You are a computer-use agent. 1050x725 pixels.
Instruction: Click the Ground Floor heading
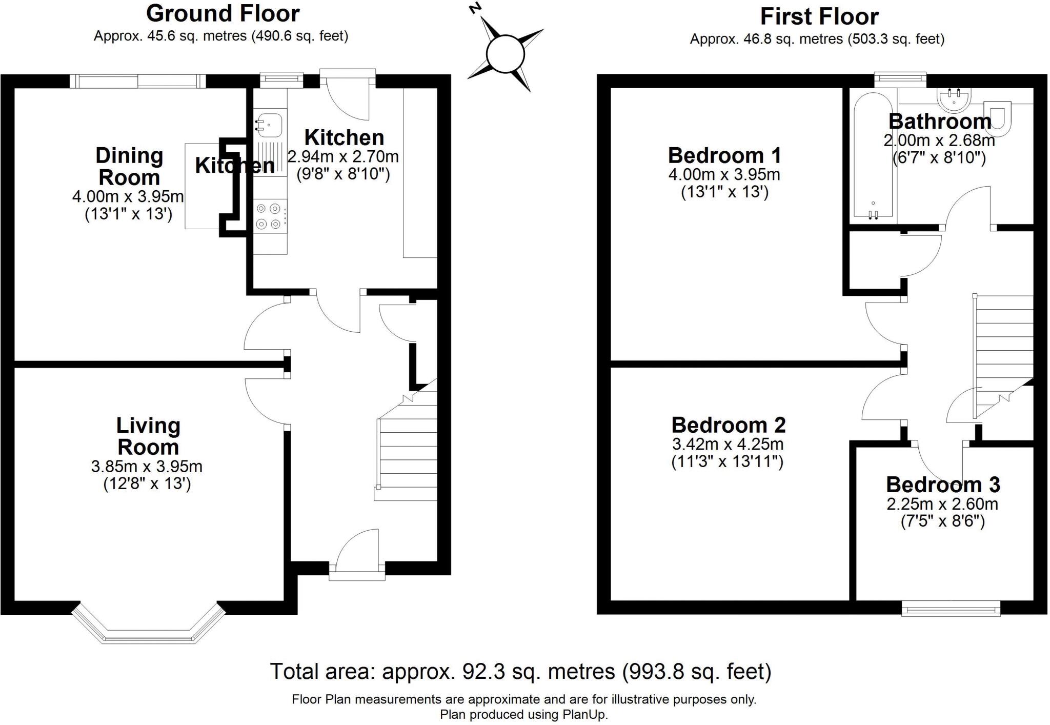pyautogui.click(x=223, y=14)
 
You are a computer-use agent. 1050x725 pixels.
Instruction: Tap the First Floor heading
pyautogui.click(x=819, y=17)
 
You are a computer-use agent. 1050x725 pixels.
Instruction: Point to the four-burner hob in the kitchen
pyautogui.click(x=270, y=216)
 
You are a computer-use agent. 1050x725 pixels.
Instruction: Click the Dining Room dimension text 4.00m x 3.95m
pyautogui.click(x=128, y=196)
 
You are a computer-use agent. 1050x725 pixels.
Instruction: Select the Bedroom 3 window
pyautogui.click(x=951, y=609)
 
